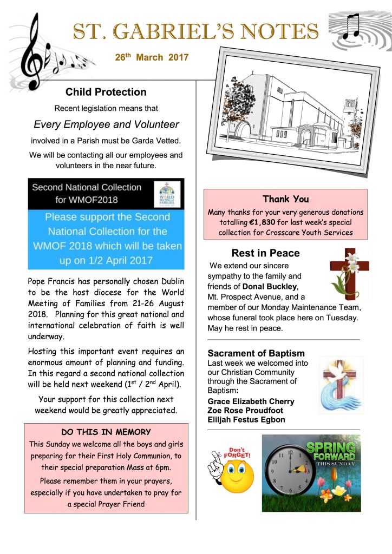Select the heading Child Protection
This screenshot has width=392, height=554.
[106, 92]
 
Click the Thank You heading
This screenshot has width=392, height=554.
[285, 199]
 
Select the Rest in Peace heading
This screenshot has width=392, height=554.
[265, 253]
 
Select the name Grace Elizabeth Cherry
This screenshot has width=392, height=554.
[251, 401]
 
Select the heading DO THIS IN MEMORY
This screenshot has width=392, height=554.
[106, 432]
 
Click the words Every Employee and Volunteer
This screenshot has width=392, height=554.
[106, 124]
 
